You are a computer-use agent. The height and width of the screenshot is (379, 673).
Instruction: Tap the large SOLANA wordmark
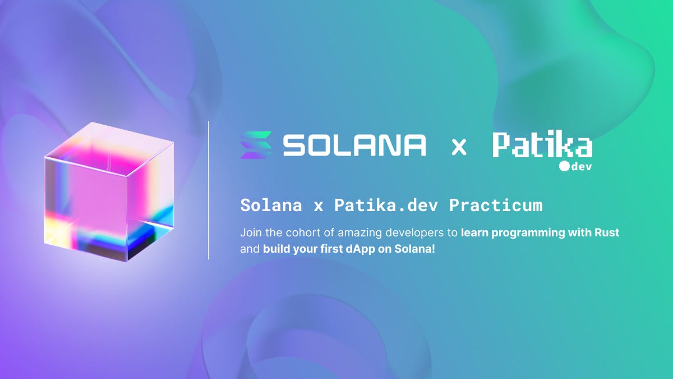354,145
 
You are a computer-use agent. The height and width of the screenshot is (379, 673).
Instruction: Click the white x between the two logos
459,147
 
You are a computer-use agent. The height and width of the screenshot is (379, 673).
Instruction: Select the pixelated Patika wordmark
542,145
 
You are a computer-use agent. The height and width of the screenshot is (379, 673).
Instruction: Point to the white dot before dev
564,166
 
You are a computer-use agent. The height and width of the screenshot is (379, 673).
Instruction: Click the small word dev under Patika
582,166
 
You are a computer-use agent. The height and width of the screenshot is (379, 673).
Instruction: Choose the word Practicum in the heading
496,206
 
